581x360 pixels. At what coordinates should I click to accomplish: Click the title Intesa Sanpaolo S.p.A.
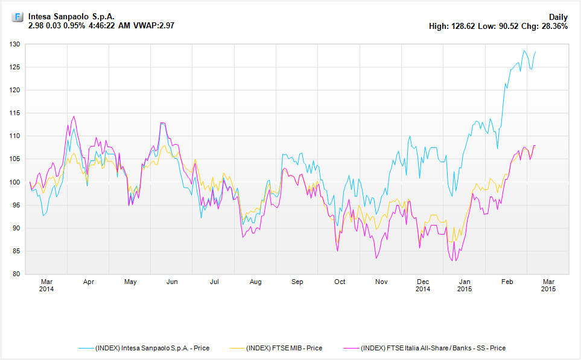(71, 17)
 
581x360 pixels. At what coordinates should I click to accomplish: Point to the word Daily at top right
(558, 17)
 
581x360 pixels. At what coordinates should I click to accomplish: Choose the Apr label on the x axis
(89, 282)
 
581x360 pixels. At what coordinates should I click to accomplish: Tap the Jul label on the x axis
(214, 282)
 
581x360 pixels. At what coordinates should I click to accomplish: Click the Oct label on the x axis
(340, 282)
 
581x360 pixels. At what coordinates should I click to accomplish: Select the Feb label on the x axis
(507, 282)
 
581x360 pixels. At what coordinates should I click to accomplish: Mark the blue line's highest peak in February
(524, 51)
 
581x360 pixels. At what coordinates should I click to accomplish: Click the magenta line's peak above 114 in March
(74, 116)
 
